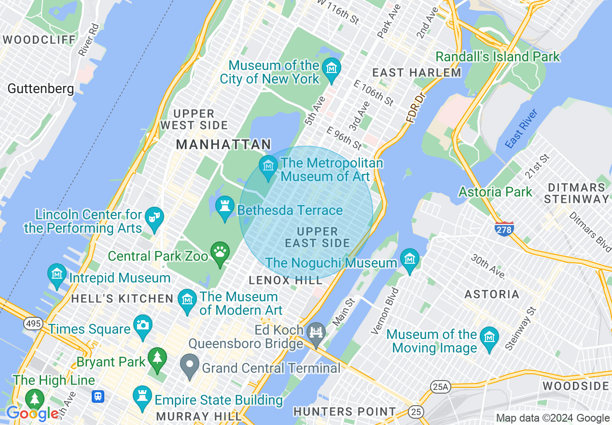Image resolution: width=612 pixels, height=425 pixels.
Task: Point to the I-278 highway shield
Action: coord(504,228)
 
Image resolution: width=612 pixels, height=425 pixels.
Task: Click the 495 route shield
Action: coord(33,324)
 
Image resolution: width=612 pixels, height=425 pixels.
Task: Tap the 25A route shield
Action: coord(440,386)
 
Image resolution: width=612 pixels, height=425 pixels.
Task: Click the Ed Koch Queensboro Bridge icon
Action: coord(317,333)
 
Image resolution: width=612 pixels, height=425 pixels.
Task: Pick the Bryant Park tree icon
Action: coord(157,358)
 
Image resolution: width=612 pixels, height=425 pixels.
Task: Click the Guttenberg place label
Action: coord(41,89)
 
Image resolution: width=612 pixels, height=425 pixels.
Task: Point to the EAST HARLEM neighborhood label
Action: coord(417,73)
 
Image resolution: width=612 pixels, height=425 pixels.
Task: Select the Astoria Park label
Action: coord(495,192)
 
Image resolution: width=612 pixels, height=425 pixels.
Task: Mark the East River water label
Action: coord(521,129)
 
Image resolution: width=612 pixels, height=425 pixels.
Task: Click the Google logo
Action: coord(32,413)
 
